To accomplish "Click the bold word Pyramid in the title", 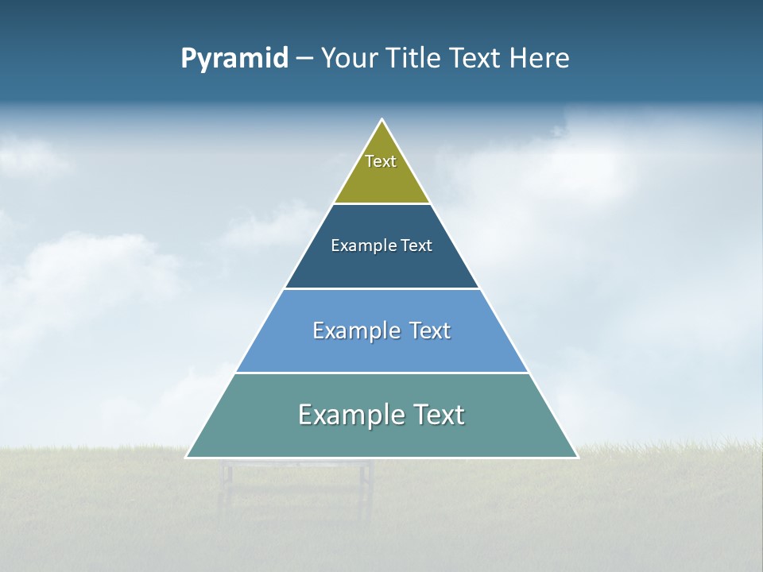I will (234, 59).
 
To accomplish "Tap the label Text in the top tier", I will (381, 161).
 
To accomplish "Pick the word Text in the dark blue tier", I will (416, 245).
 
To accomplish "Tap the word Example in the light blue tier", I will (354, 330).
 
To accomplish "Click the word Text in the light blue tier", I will (430, 330).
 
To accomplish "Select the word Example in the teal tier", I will (347, 415).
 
